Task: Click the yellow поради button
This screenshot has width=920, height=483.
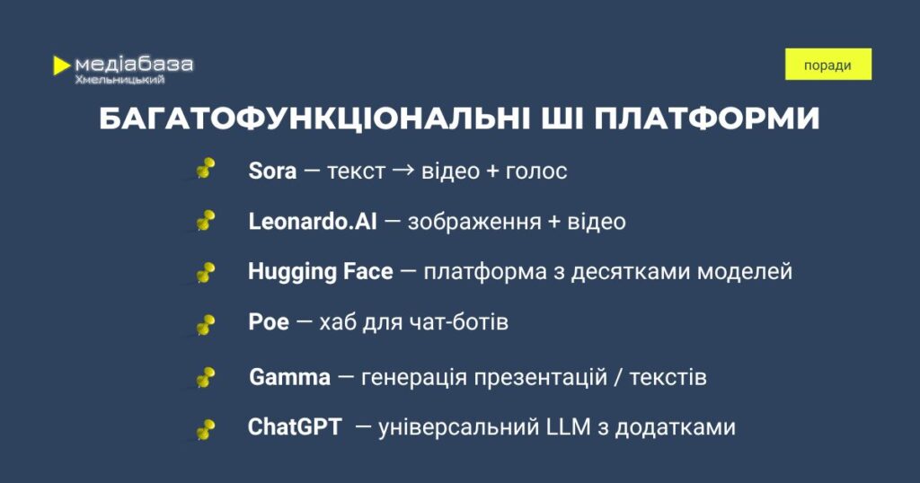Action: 827,65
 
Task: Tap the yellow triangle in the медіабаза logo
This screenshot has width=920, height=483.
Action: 61,65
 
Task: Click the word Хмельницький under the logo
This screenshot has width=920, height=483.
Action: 119,80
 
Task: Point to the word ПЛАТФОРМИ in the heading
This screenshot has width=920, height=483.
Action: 706,119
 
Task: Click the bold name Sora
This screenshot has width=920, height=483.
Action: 272,171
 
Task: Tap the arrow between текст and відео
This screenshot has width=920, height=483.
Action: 403,171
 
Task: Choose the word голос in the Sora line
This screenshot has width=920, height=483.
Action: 536,172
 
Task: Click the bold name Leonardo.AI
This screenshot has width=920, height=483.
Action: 312,222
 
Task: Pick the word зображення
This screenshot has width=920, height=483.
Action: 474,222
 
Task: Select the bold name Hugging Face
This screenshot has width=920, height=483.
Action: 321,272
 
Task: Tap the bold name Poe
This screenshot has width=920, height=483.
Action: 269,321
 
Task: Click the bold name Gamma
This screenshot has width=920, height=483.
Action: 290,377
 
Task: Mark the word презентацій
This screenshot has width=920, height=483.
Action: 540,377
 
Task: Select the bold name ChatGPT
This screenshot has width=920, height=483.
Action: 295,426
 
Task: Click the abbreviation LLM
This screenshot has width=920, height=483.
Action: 568,426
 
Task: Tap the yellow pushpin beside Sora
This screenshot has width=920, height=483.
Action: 205,169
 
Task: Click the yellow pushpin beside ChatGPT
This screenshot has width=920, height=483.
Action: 205,430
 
